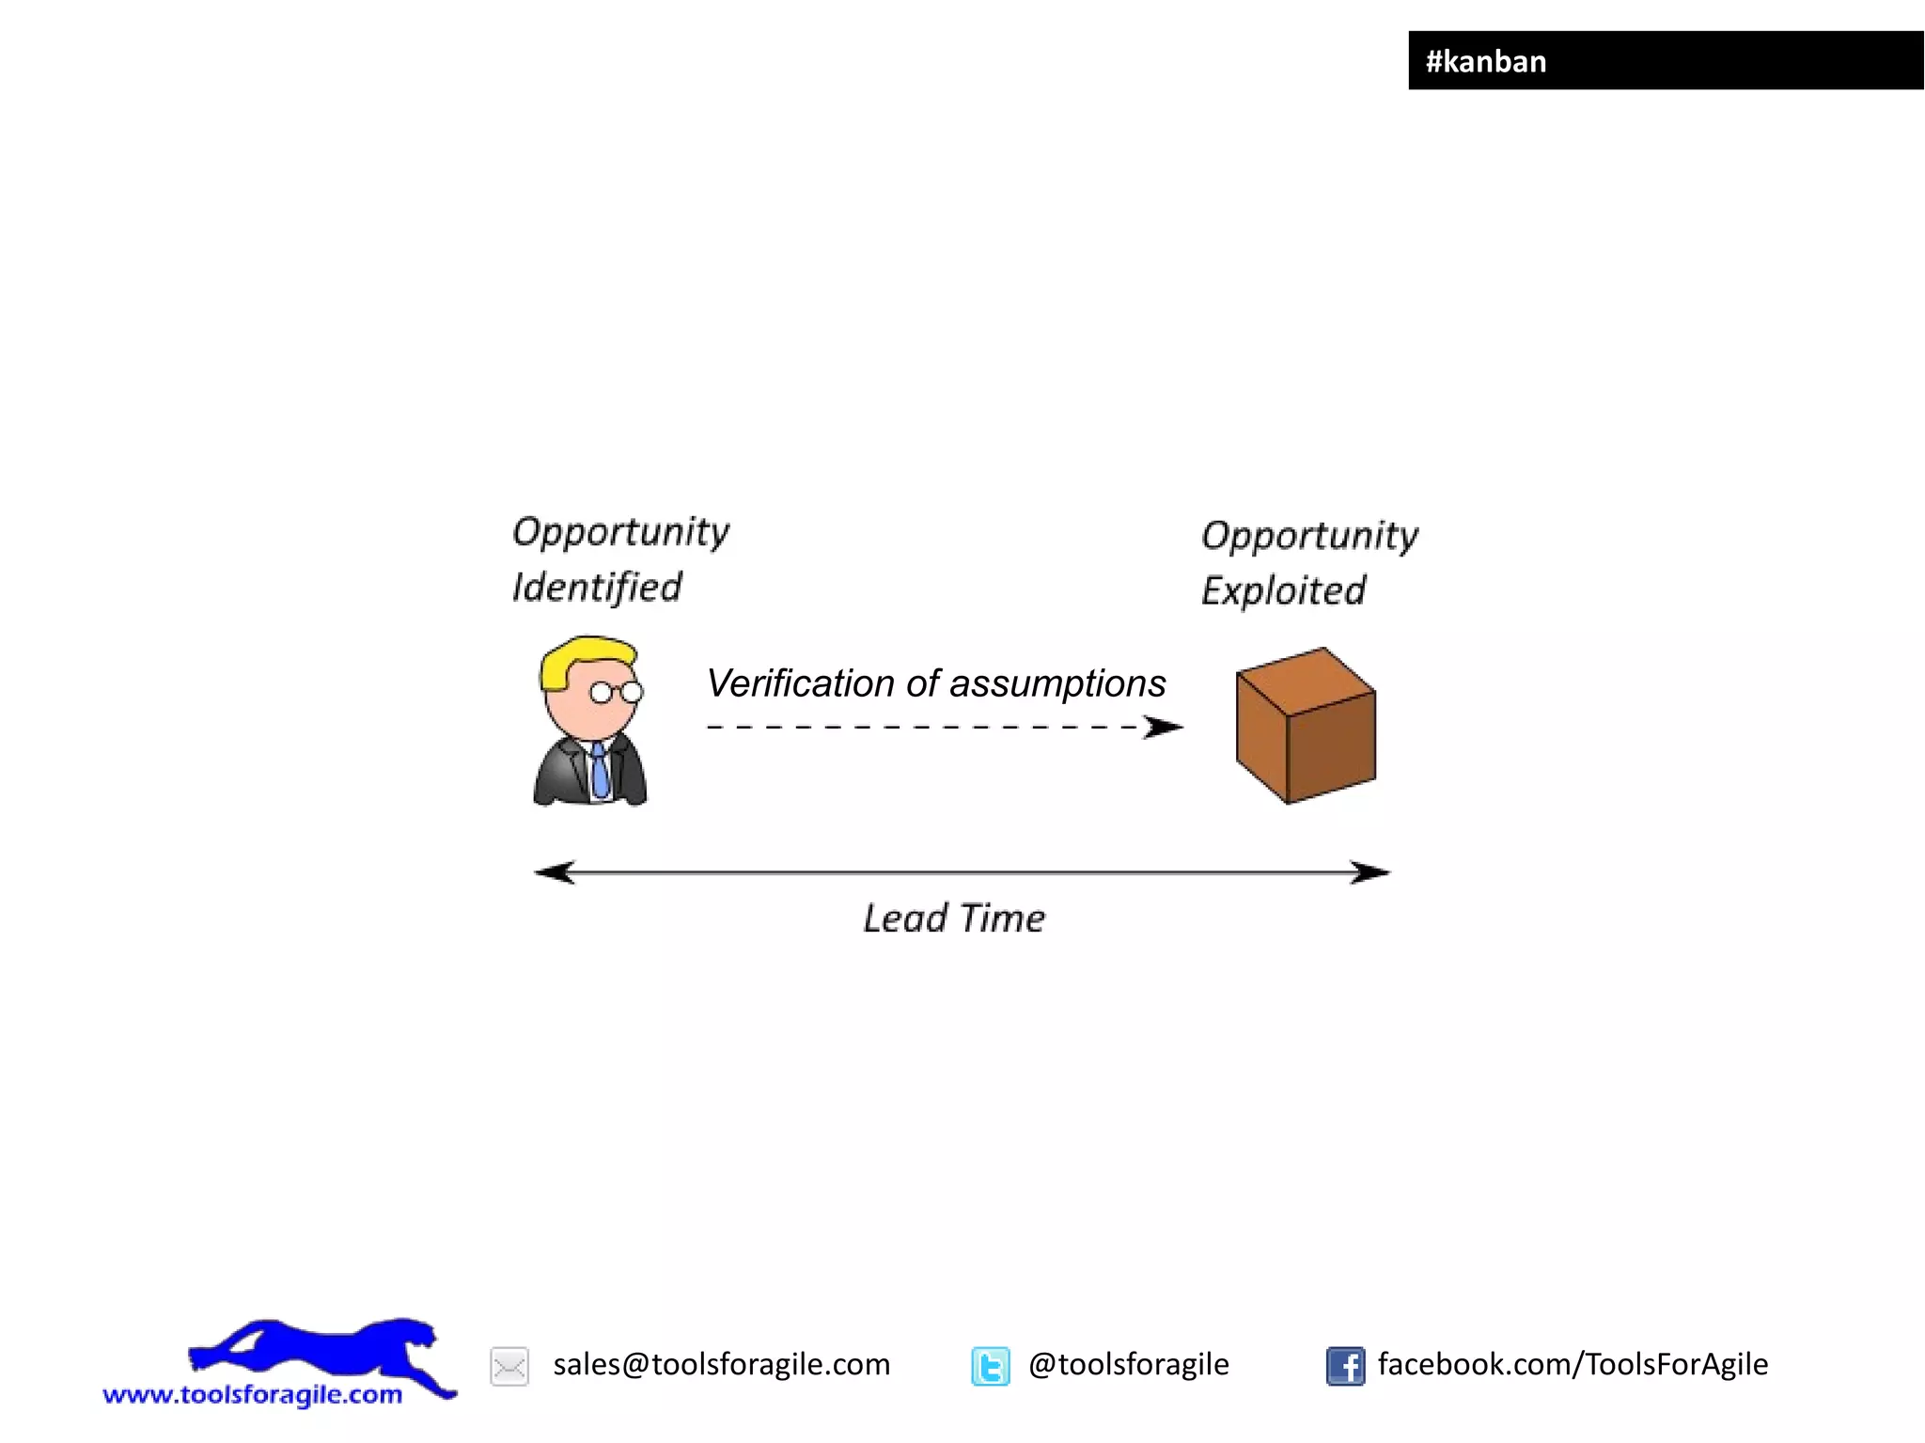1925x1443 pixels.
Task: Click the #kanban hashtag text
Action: tap(1485, 62)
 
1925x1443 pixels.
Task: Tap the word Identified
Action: tap(597, 588)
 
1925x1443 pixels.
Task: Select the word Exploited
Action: tap(1283, 591)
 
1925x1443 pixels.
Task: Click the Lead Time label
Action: tap(953, 918)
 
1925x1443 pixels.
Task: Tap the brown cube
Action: tap(1306, 725)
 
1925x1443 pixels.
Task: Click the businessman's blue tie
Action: tap(599, 769)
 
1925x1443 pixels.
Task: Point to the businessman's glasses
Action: tap(616, 693)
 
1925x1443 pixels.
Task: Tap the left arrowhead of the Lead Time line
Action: tap(555, 872)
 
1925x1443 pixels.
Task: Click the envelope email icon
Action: tap(509, 1366)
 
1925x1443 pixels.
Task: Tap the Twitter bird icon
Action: tap(991, 1366)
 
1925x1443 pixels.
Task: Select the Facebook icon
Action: tap(1345, 1366)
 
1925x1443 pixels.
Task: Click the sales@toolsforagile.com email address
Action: tap(721, 1364)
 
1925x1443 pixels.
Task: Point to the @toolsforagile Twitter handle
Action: tap(1128, 1364)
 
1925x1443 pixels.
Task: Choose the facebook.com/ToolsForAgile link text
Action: tap(1573, 1364)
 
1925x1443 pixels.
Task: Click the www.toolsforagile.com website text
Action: tap(252, 1394)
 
